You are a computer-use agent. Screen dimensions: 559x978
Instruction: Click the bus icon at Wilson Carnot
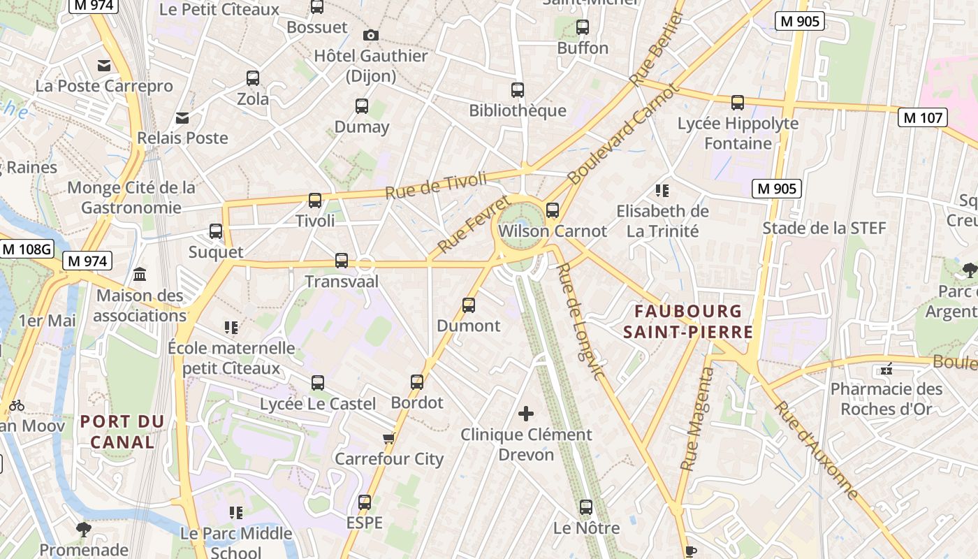(553, 210)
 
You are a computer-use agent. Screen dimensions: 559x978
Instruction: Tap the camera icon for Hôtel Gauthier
(371, 35)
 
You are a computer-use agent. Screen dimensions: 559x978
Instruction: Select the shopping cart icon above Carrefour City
(389, 438)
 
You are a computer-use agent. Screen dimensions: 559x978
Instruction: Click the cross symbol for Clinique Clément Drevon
(526, 414)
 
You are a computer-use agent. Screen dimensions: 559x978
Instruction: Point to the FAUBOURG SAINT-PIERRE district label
(688, 321)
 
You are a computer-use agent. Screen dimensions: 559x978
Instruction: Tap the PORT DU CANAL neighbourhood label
(122, 431)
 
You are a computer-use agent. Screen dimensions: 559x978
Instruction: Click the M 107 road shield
(923, 117)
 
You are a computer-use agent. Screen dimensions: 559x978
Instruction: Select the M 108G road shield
(27, 249)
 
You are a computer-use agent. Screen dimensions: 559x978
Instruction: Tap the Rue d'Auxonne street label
(816, 450)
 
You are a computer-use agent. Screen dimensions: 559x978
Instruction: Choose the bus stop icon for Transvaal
(342, 261)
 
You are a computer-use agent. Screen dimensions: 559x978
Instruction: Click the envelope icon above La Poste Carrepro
(104, 66)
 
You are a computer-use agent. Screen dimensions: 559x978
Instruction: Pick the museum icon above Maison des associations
(139, 274)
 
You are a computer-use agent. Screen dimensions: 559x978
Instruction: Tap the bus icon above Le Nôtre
(586, 507)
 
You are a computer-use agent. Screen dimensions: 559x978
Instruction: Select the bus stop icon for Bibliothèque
(518, 90)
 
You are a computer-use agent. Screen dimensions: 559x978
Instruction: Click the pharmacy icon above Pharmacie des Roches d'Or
(886, 368)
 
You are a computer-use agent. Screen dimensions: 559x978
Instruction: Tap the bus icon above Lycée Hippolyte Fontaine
(738, 103)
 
